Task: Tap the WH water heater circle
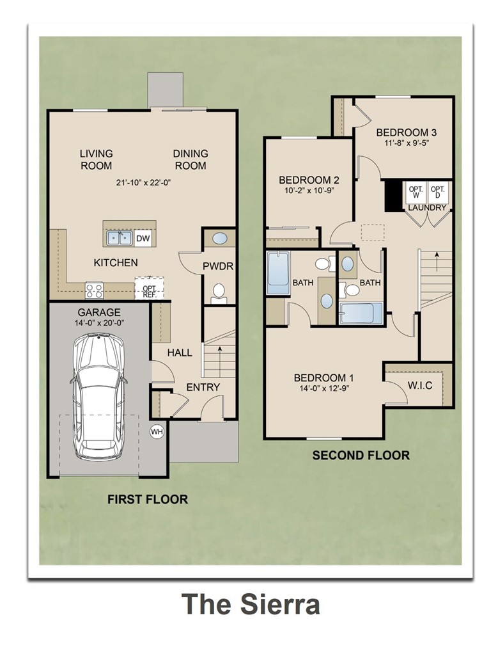point(157,431)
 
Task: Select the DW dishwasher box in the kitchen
point(143,239)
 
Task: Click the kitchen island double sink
point(119,239)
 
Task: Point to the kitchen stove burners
point(95,291)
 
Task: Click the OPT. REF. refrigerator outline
point(149,289)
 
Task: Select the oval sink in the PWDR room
point(219,239)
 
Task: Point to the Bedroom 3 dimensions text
point(406,143)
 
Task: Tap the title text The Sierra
point(250,603)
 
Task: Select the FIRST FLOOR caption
point(148,499)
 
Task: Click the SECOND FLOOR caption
point(361,456)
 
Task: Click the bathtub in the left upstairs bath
point(278,273)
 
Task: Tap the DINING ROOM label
point(191,159)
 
